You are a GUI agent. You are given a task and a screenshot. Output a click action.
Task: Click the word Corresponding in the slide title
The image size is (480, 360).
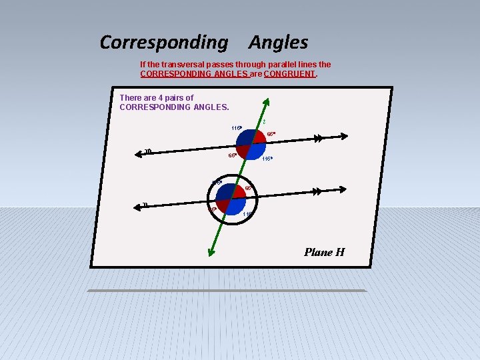click(163, 43)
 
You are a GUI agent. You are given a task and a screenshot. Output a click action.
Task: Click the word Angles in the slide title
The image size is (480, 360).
click(278, 43)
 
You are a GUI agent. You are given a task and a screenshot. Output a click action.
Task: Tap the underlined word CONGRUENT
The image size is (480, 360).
click(289, 74)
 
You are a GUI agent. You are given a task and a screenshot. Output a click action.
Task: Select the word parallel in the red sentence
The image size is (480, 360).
click(273, 65)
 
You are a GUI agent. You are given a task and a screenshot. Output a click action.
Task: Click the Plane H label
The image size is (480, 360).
click(324, 252)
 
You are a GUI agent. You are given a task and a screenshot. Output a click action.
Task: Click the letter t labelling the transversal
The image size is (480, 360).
click(264, 122)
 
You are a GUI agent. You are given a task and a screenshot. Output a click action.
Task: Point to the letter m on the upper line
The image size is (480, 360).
click(148, 151)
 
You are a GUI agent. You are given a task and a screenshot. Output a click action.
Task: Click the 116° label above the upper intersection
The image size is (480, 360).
click(236, 128)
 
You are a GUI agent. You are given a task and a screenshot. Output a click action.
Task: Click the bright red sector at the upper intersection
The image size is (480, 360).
click(259, 137)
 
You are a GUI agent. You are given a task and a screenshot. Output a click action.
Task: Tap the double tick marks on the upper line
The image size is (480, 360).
click(319, 139)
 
